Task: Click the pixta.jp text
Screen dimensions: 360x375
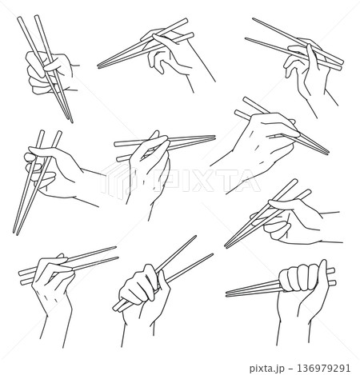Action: (x=268, y=369)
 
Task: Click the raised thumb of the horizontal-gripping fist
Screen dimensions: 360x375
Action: (x=323, y=273)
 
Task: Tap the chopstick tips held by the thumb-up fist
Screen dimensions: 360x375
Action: (x=227, y=293)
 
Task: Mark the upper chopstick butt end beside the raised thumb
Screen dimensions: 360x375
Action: (x=331, y=271)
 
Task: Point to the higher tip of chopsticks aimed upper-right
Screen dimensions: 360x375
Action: (x=195, y=237)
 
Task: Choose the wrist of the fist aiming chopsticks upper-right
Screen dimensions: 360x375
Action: (x=138, y=333)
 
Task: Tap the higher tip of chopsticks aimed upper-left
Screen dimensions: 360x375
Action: (x=254, y=19)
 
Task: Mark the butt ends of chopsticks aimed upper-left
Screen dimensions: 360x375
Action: (x=341, y=66)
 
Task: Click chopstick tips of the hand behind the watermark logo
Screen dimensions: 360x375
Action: (x=213, y=138)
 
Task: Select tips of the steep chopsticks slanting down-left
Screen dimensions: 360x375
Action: (x=15, y=232)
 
